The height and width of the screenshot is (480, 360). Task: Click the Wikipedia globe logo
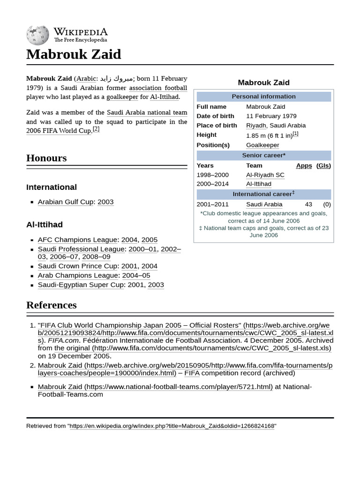(38, 34)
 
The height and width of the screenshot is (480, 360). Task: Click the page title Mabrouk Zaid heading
(74, 54)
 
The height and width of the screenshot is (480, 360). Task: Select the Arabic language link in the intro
(86, 79)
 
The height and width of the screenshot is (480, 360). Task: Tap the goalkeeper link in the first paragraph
(122, 97)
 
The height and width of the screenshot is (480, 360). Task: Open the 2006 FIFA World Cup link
(59, 131)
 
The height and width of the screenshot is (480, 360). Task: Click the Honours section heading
(46, 158)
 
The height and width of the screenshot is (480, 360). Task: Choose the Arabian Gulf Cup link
(66, 202)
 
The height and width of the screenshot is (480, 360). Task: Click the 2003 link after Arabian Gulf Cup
(105, 202)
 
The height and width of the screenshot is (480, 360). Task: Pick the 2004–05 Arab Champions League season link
(136, 276)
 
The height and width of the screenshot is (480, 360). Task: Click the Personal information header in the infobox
(263, 97)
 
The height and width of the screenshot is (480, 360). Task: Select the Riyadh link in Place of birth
(256, 125)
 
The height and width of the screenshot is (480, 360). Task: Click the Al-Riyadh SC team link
(265, 175)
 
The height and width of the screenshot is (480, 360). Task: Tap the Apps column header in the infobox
(304, 165)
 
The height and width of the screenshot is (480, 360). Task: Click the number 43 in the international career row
(308, 204)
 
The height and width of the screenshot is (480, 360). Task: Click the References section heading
(51, 305)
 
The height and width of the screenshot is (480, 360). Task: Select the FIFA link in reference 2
(192, 373)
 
